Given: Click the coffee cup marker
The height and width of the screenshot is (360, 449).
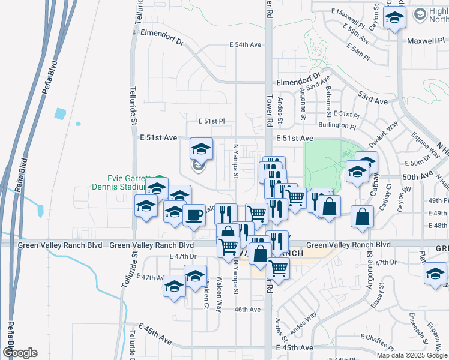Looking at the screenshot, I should pyautogui.click(x=193, y=215).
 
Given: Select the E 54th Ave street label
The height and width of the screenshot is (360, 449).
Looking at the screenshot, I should pyautogui.click(x=246, y=45).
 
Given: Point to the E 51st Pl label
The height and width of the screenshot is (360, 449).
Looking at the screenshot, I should pyautogui.click(x=211, y=121).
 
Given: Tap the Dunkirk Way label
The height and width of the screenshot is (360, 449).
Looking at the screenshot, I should pyautogui.click(x=384, y=135).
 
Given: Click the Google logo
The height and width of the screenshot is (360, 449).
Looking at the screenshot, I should pyautogui.click(x=20, y=353).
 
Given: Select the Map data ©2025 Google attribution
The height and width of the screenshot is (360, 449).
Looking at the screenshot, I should pyautogui.click(x=412, y=355).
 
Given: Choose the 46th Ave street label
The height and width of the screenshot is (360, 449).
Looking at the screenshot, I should pyautogui.click(x=247, y=310).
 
